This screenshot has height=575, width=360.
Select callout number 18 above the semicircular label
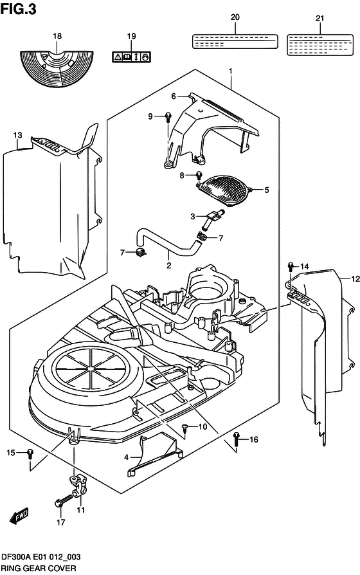tap(57, 37)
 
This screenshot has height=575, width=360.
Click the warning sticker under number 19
tap(131, 57)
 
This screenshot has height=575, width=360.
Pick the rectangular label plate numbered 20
tap(235, 41)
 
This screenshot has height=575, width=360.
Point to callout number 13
tap(17, 135)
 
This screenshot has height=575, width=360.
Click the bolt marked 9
tap(167, 116)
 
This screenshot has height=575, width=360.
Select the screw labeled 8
tap(199, 175)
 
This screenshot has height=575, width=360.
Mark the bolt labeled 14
tap(291, 266)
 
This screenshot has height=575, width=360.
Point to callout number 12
tap(354, 279)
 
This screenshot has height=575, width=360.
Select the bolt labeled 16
tap(237, 438)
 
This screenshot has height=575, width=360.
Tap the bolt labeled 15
tap(30, 454)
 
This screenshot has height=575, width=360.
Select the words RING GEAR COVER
tap(39, 569)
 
